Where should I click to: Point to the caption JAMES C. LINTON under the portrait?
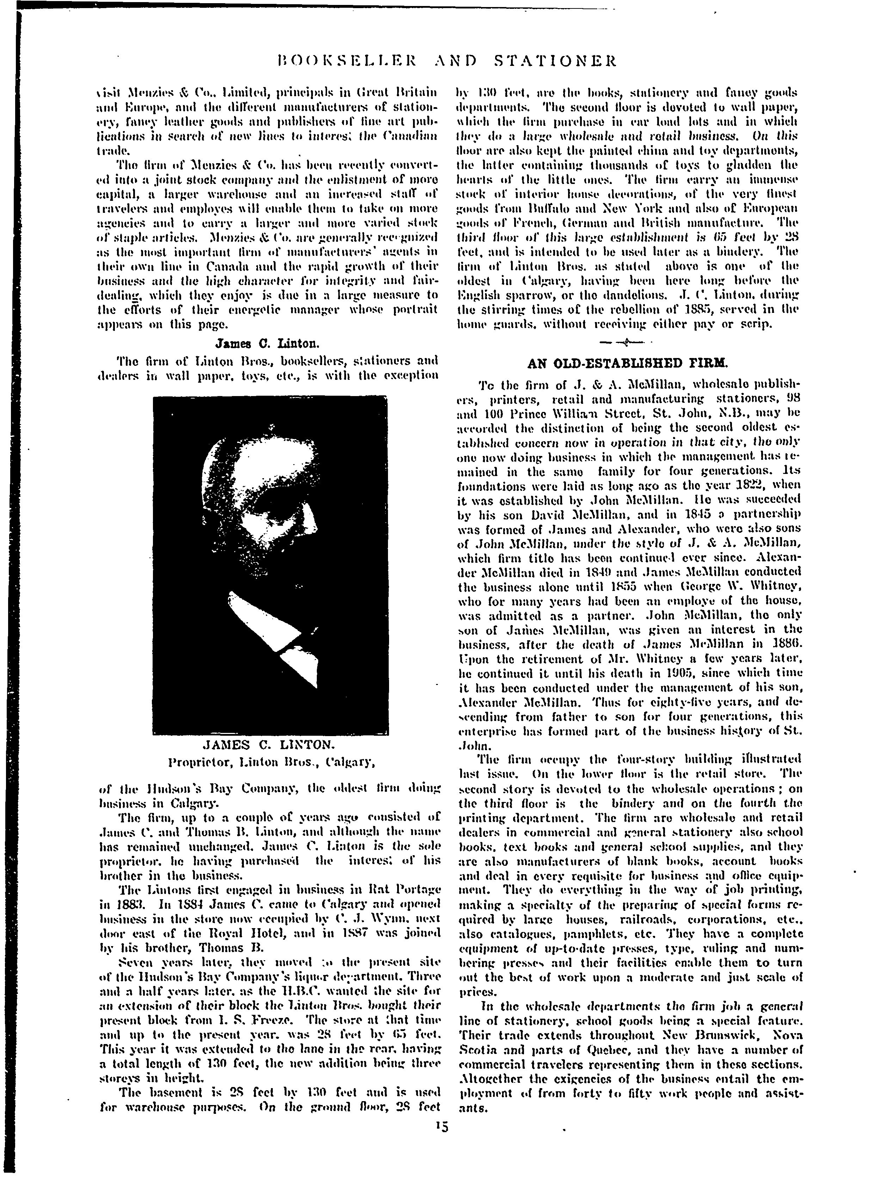point(269,743)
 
